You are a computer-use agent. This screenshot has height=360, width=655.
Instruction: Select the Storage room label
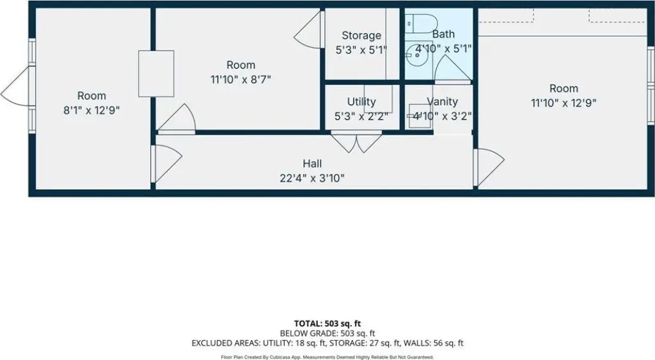coord(361,36)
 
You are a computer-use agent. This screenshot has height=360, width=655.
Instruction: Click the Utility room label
coord(361,102)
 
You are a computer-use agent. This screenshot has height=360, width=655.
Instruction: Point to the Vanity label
coord(443,102)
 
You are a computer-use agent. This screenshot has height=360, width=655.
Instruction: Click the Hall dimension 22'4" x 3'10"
coord(313,178)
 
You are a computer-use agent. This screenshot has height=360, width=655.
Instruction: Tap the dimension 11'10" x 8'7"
coord(241,79)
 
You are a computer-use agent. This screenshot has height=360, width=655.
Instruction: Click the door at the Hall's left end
coord(166,157)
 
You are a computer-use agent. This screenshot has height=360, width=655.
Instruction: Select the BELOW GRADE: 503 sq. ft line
coord(327,333)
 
